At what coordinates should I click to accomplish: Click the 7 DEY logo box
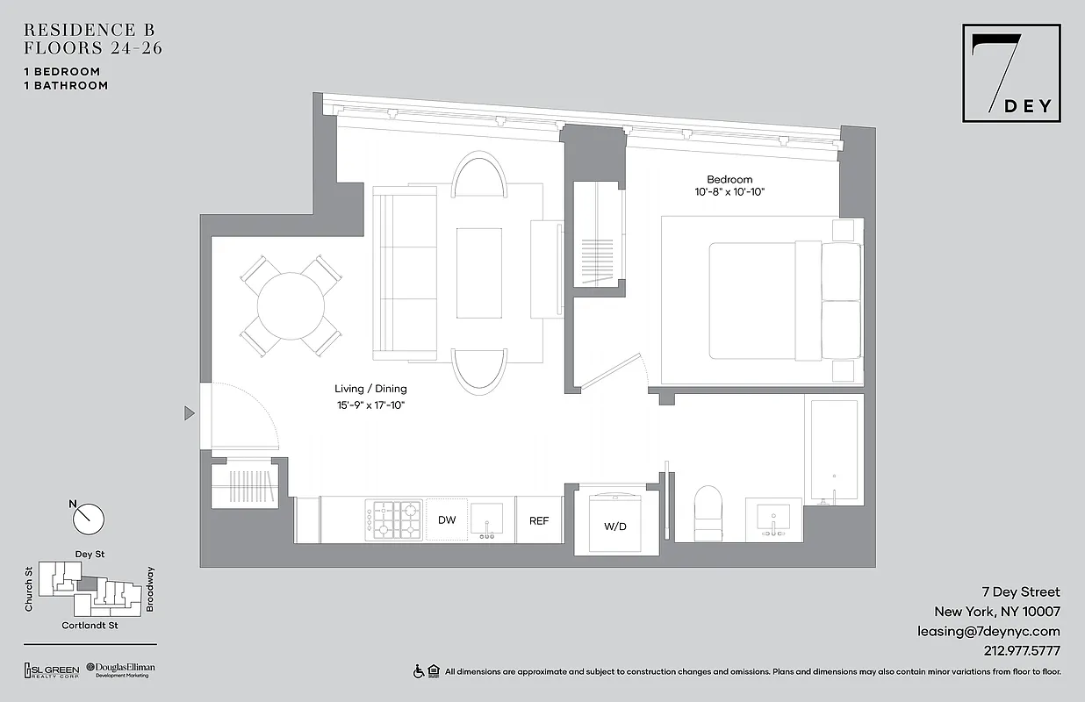click(1012, 73)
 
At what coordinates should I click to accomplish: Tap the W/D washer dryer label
click(614, 527)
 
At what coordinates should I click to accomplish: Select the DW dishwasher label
click(447, 519)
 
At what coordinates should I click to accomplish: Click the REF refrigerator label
click(539, 520)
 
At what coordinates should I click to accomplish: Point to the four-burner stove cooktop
click(394, 519)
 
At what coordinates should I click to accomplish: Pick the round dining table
click(291, 305)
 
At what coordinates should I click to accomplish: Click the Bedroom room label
click(729, 179)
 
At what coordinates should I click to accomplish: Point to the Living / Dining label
click(370, 389)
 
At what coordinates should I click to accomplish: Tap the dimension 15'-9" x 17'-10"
click(370, 405)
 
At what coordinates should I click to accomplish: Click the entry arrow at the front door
click(189, 412)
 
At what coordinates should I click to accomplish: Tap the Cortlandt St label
click(90, 625)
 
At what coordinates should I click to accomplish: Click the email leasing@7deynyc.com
click(988, 631)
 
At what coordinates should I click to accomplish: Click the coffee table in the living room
click(479, 273)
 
